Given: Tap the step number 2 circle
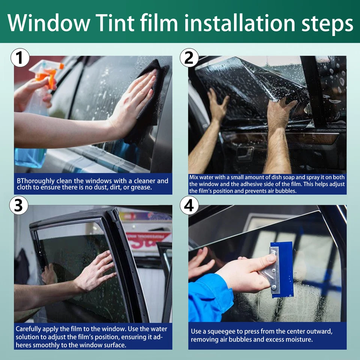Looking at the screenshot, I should point(189,58).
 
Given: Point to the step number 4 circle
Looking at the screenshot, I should point(189,206).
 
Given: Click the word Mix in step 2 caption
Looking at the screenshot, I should point(194,177).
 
